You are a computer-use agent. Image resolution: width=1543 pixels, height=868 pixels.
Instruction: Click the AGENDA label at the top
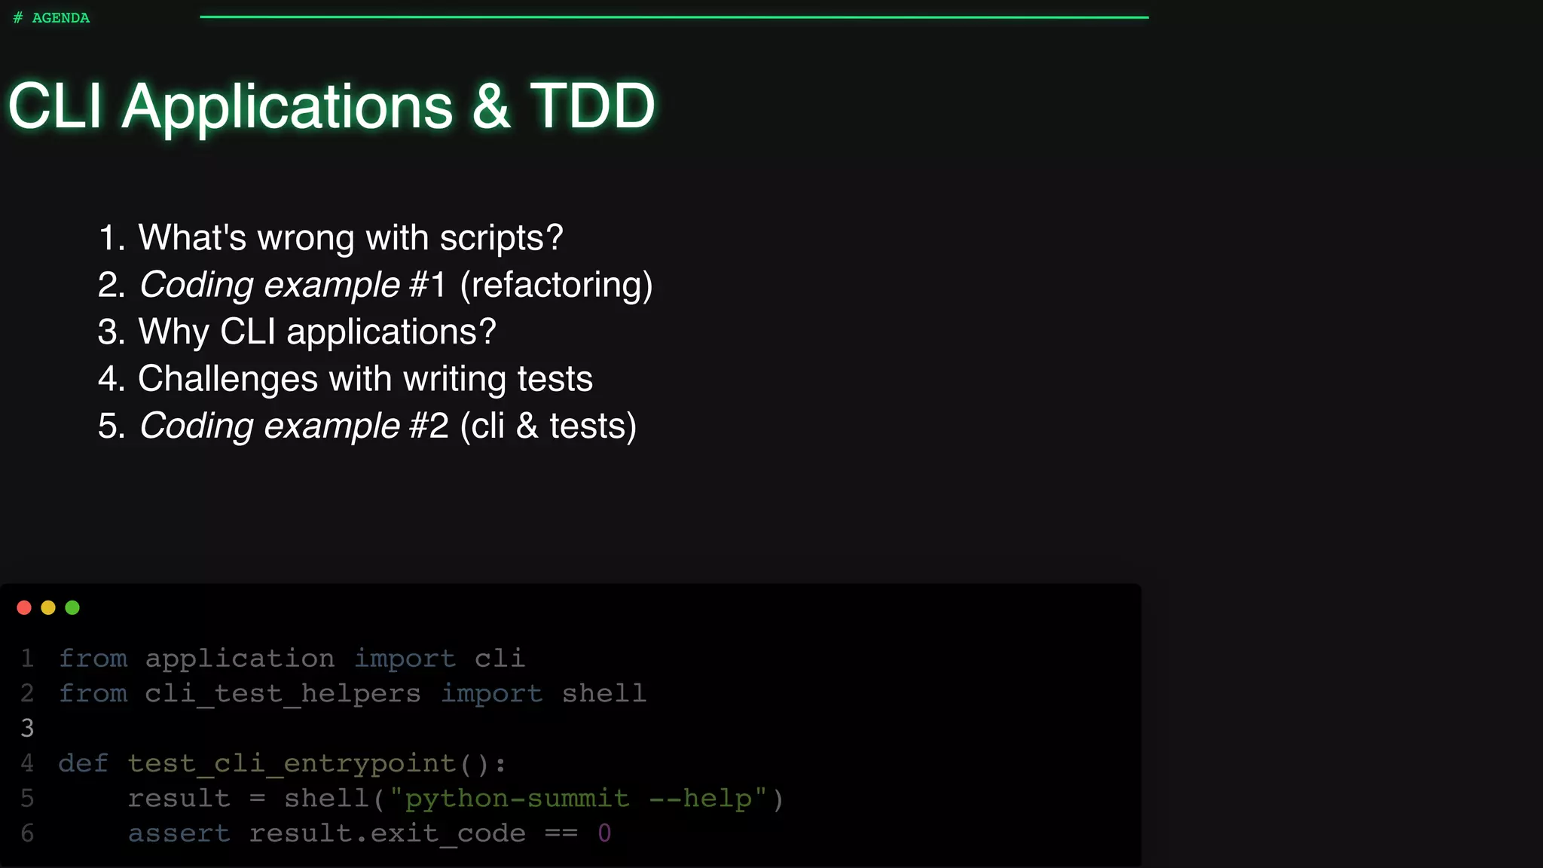[60, 18]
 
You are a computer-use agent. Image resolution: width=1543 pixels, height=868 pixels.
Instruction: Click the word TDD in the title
[592, 106]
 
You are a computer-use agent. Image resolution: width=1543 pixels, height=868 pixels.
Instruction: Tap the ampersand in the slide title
[491, 106]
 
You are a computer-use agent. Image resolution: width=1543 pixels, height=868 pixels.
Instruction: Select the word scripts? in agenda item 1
[501, 238]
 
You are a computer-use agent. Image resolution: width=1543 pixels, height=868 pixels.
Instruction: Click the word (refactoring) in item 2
[556, 286]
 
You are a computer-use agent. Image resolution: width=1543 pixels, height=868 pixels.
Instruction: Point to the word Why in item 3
[173, 332]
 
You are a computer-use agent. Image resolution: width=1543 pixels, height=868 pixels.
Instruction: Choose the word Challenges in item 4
[228, 379]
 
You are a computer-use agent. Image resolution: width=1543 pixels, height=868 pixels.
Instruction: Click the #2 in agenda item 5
[429, 426]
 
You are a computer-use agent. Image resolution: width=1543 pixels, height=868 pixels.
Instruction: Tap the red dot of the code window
[24, 608]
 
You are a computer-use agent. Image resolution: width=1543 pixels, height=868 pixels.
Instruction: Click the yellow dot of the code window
[48, 608]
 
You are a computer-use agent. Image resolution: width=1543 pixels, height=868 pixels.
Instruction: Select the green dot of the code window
[72, 608]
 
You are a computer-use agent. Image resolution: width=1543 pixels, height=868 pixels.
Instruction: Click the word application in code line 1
[240, 659]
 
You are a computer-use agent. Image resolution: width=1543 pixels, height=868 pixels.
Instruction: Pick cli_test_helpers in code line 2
[283, 694]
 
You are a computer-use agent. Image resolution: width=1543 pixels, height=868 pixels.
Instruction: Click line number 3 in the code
[27, 729]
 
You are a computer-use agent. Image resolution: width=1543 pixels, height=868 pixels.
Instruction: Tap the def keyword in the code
[84, 763]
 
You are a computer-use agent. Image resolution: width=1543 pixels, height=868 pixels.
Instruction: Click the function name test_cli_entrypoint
[292, 764]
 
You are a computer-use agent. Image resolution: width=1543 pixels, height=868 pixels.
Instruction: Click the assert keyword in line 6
[179, 833]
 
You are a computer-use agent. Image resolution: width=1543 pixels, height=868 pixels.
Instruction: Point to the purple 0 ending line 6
[604, 833]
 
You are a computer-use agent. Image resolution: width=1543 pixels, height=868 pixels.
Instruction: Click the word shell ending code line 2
[604, 694]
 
